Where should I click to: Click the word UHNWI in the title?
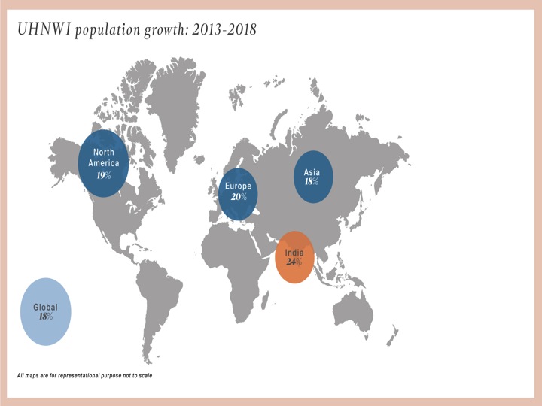(x=44, y=29)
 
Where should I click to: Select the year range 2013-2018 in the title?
(x=224, y=29)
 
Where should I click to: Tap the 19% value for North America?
(x=104, y=175)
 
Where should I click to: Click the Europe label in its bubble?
(x=238, y=186)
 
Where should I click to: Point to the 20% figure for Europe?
(x=239, y=197)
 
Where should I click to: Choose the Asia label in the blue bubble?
(x=312, y=172)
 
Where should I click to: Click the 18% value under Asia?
(x=312, y=181)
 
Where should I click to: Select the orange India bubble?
(x=294, y=257)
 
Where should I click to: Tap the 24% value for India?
(x=294, y=262)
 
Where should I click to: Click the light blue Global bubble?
(x=46, y=312)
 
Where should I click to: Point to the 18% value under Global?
(x=46, y=316)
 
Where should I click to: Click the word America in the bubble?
(x=104, y=163)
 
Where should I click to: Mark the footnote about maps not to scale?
(x=84, y=375)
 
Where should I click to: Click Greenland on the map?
(x=175, y=104)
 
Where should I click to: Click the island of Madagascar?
(x=265, y=299)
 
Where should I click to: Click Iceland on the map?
(x=199, y=159)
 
